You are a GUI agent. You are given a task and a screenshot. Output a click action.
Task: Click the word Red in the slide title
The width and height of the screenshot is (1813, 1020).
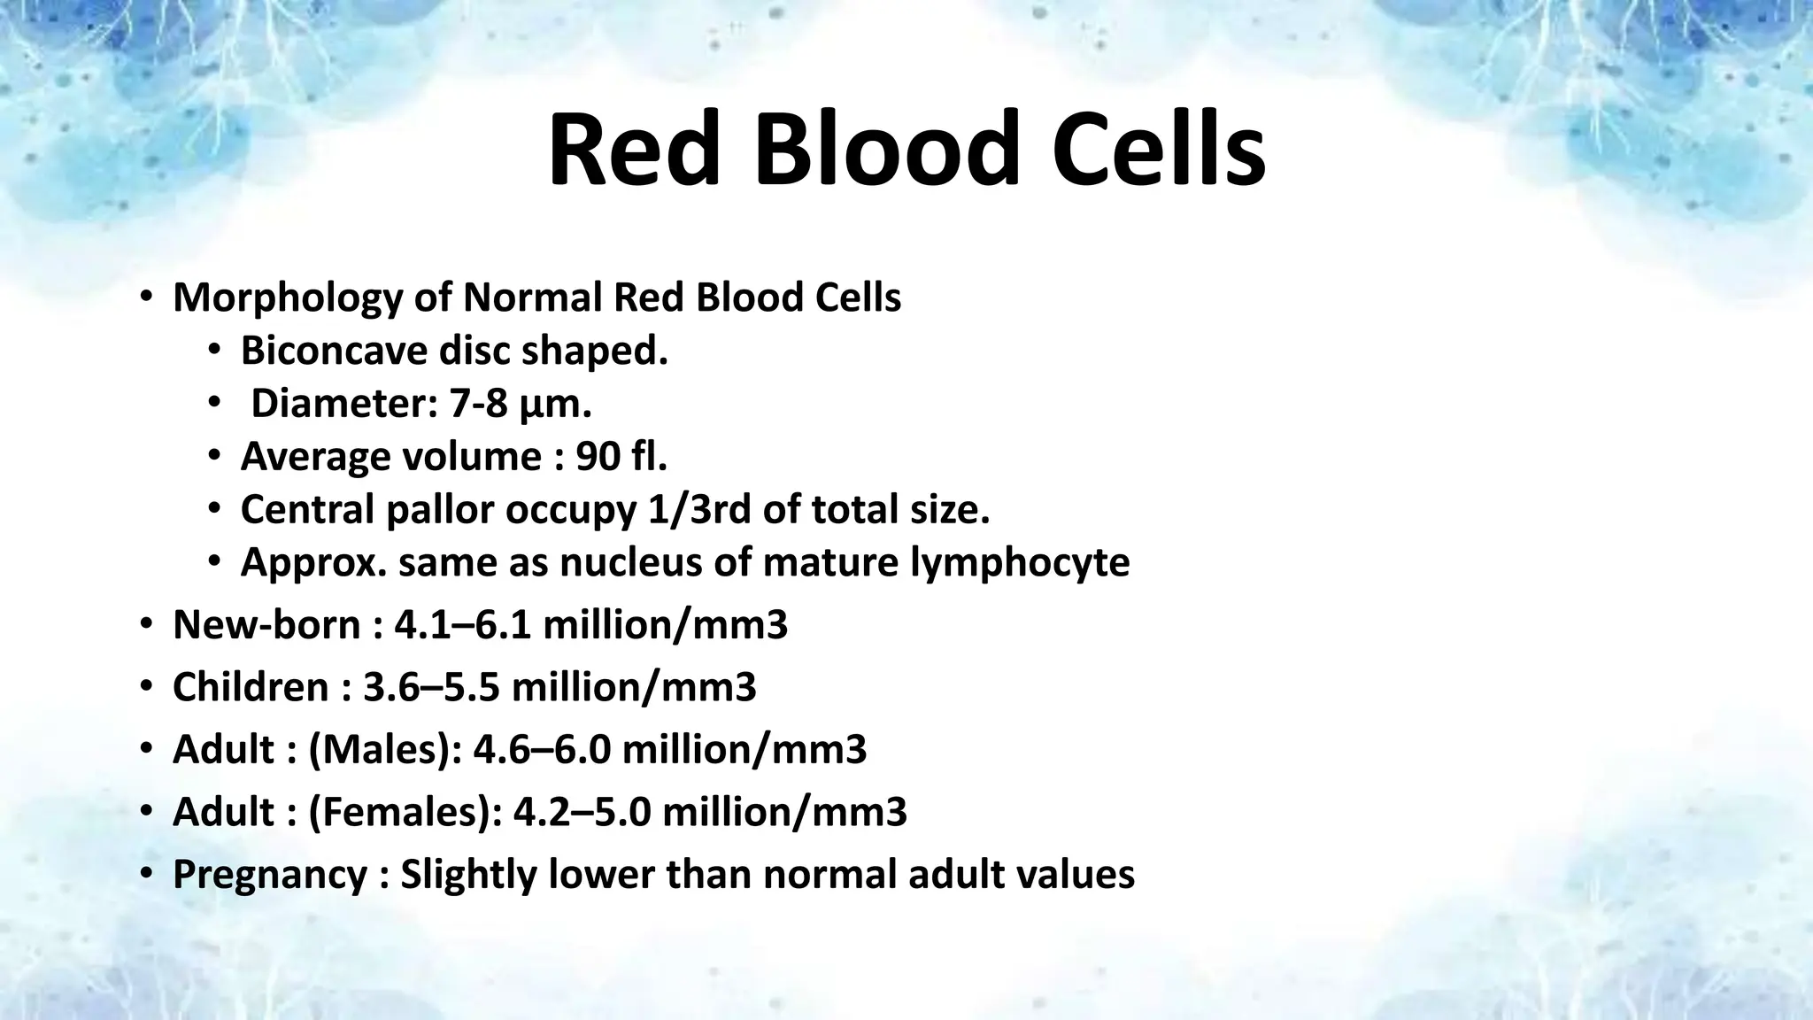pos(633,149)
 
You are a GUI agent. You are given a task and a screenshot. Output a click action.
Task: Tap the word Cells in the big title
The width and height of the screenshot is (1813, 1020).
pos(1159,149)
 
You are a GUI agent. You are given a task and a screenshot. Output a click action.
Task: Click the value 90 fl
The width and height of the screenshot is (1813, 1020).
pos(621,457)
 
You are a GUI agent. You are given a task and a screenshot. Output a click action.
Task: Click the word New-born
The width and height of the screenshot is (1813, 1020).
pos(267,626)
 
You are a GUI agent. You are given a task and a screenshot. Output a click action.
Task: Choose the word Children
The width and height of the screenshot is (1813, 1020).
pos(251,688)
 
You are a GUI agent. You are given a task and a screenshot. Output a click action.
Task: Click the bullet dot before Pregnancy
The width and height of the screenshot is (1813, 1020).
pos(145,875)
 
